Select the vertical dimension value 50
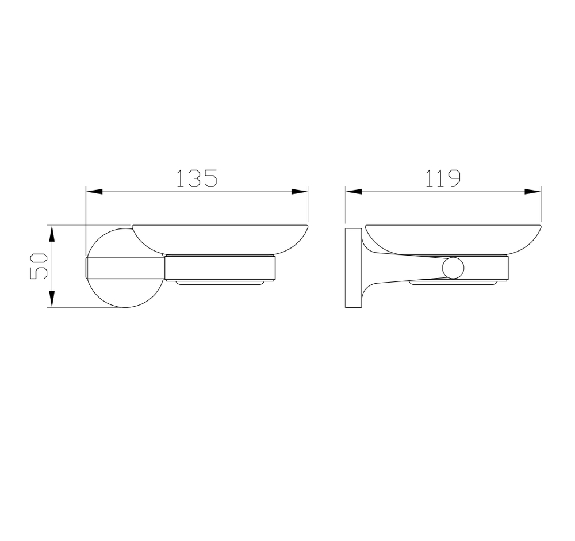pyautogui.click(x=39, y=266)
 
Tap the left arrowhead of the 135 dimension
pyautogui.click(x=94, y=192)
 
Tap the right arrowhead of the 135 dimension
pyautogui.click(x=300, y=192)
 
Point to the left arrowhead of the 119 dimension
pyautogui.click(x=353, y=192)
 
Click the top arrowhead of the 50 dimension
pyautogui.click(x=52, y=233)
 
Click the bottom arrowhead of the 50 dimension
pyautogui.click(x=52, y=299)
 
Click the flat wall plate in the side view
pyautogui.click(x=352, y=268)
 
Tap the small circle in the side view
pyautogui.click(x=454, y=268)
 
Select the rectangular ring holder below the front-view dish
pyautogui.click(x=220, y=268)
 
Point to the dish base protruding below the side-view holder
pyautogui.click(x=453, y=283)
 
